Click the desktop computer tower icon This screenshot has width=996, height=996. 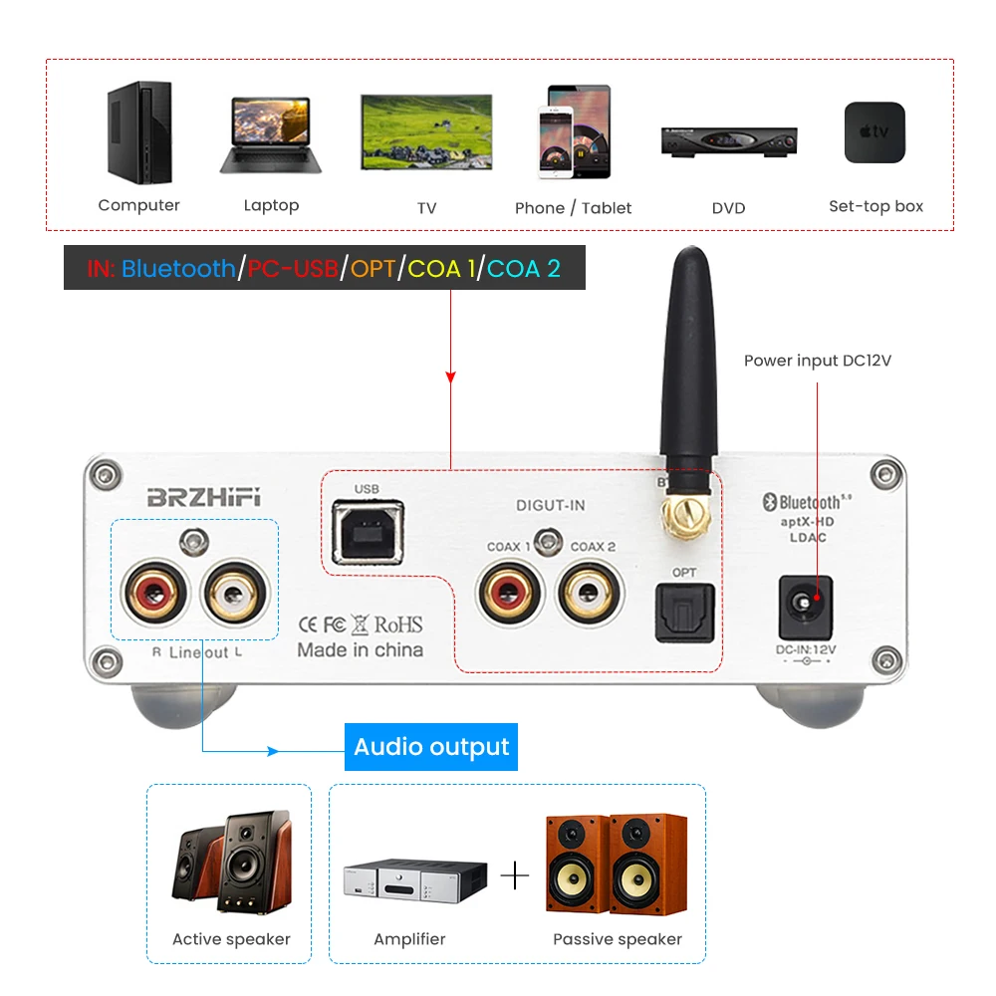139,133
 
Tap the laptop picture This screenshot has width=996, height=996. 270,135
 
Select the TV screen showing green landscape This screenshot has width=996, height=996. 426,131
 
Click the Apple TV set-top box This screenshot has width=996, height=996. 874,132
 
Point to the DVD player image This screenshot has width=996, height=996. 728,140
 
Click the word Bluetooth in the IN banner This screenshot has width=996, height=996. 178,268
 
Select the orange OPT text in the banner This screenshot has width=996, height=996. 373,268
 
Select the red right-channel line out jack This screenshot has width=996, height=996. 153,595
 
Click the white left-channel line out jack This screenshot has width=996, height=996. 234,595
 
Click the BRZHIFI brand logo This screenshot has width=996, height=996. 204,498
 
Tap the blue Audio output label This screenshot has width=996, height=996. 431,747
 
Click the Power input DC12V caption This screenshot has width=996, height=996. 817,361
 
